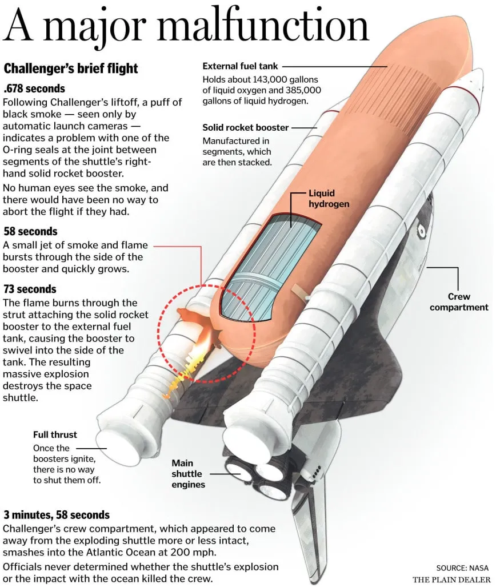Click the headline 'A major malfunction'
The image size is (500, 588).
186,27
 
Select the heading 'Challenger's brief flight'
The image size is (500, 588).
71,69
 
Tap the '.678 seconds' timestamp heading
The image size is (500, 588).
34,88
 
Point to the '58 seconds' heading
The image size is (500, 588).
30,231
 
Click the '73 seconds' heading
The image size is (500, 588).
30,289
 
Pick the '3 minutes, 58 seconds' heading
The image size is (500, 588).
57,515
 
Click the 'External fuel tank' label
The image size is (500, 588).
240,66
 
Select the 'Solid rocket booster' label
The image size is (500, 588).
246,127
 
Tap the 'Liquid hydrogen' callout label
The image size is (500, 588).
329,198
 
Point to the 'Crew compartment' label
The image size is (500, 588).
459,302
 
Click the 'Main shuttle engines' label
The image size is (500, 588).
189,474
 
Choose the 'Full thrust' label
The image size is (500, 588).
55,434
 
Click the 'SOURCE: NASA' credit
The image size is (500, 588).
462,568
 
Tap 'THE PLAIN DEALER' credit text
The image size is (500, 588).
451,579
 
